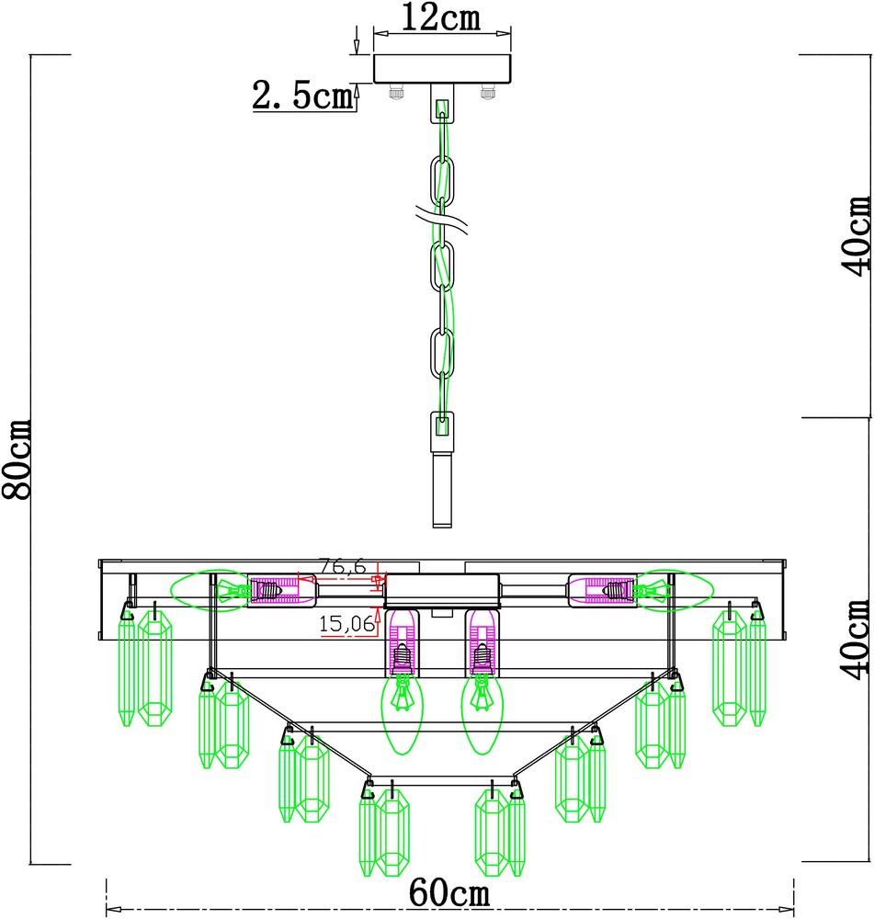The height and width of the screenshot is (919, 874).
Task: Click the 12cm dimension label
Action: [x=441, y=17]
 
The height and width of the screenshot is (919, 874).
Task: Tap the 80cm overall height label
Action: [x=17, y=459]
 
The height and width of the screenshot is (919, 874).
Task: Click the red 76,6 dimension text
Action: [x=343, y=567]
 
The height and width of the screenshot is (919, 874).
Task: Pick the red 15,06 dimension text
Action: [x=347, y=624]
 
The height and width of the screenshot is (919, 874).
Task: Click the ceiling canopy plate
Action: [x=442, y=69]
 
